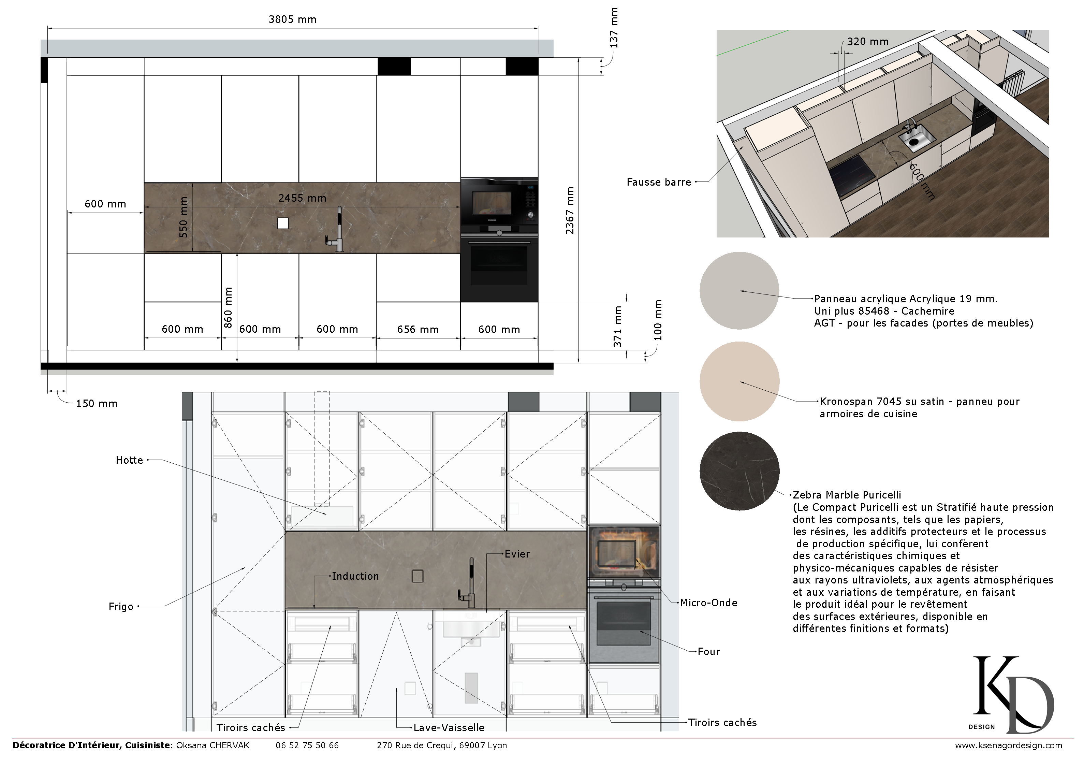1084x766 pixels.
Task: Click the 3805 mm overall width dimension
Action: click(x=292, y=19)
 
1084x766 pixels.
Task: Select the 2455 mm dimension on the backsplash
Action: click(x=302, y=198)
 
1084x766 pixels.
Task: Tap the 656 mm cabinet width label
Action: click(x=418, y=330)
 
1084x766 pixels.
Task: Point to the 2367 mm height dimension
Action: click(x=570, y=211)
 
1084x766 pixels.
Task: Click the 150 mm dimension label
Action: click(x=97, y=404)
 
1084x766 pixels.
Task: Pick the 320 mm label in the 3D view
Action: click(x=868, y=42)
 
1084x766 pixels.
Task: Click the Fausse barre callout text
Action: click(x=659, y=182)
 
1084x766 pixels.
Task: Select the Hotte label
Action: click(x=129, y=460)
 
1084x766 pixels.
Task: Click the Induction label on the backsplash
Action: click(x=355, y=577)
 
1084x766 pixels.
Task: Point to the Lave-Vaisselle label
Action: click(x=449, y=728)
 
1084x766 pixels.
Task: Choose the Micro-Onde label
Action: click(x=708, y=603)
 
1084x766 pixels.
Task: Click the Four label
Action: click(x=709, y=652)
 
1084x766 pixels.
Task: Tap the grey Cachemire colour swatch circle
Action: click(x=739, y=290)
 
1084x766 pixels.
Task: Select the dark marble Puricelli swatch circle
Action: click(x=739, y=471)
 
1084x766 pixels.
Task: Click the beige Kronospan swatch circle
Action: click(x=739, y=381)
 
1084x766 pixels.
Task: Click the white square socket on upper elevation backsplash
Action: click(x=283, y=223)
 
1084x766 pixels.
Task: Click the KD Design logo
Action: click(x=1013, y=694)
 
